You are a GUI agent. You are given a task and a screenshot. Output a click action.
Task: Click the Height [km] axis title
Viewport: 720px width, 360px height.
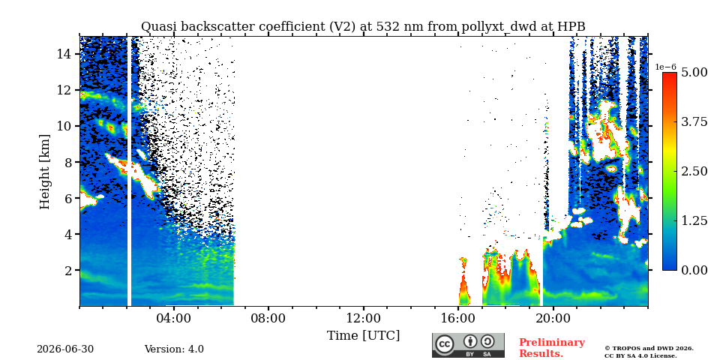(x=44, y=172)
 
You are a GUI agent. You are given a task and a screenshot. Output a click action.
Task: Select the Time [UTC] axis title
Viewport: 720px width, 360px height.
(x=363, y=336)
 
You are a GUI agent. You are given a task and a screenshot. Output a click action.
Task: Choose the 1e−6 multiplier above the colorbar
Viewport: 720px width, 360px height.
(x=666, y=67)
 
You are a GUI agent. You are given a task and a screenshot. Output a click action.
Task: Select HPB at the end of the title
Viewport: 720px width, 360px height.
(x=571, y=27)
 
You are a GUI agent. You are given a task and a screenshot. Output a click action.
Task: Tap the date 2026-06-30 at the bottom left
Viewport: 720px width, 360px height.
(x=65, y=349)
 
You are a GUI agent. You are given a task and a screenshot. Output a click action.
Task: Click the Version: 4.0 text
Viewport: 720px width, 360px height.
(x=174, y=349)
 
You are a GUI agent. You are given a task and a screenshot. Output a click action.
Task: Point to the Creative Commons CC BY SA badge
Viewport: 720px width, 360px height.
(x=468, y=345)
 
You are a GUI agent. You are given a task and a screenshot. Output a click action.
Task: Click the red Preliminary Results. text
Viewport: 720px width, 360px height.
(x=552, y=348)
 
